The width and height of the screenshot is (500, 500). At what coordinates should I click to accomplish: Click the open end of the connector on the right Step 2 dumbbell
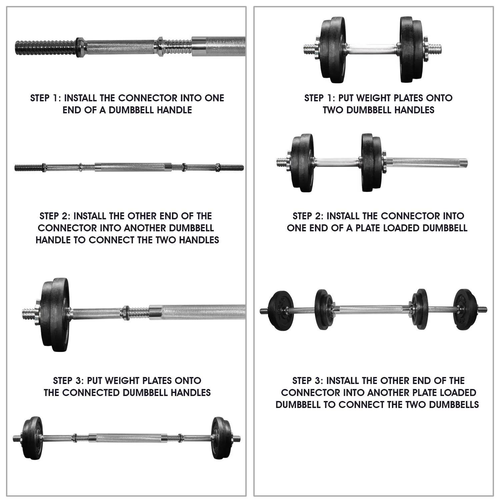click(465, 163)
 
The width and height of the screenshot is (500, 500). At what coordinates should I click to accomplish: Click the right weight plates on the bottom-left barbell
click(221, 438)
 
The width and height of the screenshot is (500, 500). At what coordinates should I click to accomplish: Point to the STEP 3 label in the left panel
click(69, 381)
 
